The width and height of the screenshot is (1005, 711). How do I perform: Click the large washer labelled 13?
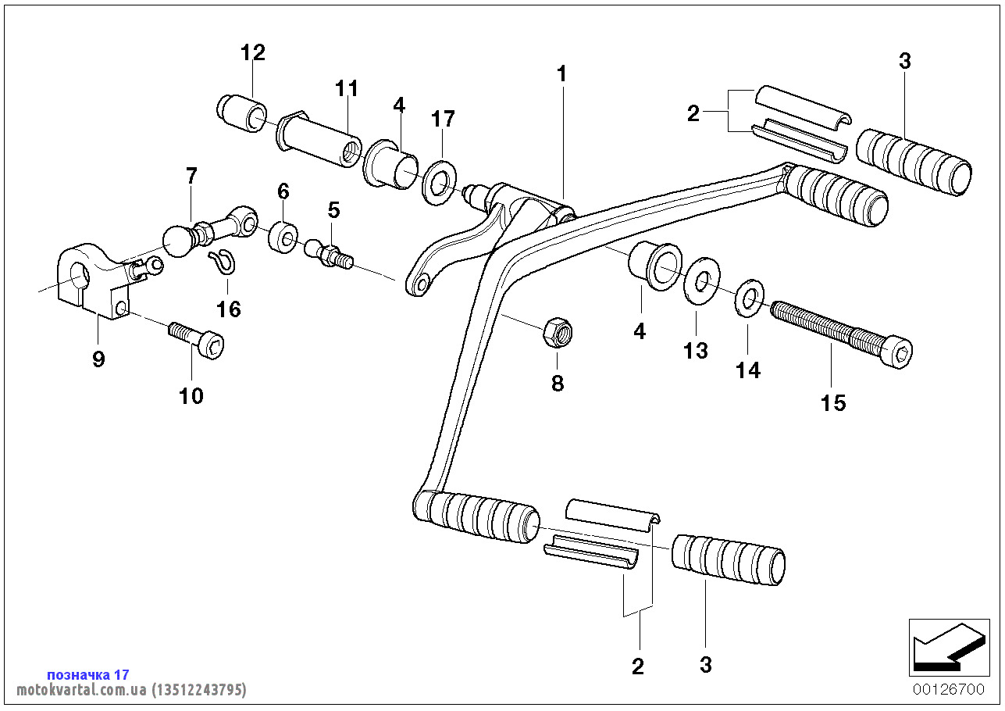[x=700, y=282]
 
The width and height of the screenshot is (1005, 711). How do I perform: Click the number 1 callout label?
[x=561, y=74]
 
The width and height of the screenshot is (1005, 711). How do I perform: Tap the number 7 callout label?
[x=191, y=176]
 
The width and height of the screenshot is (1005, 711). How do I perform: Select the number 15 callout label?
[x=833, y=403]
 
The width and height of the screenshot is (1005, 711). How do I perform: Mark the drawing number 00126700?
[x=948, y=690]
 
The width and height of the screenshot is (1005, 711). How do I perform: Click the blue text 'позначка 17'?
[x=88, y=674]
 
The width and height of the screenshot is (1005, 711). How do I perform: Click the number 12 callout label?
[x=253, y=53]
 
